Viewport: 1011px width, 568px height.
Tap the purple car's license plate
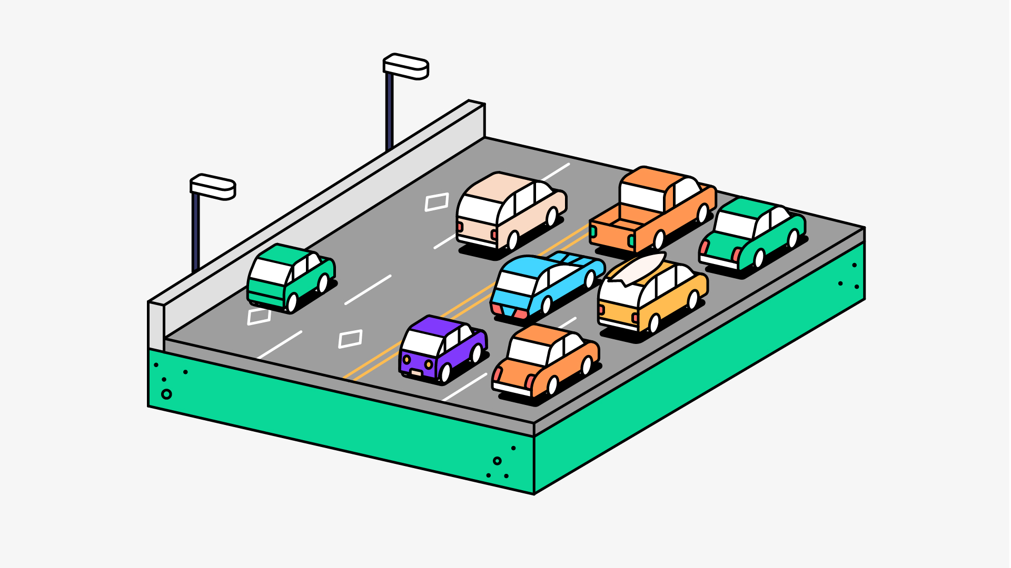[417, 372]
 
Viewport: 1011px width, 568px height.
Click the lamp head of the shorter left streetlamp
[213, 187]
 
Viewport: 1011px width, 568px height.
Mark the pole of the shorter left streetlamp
[196, 231]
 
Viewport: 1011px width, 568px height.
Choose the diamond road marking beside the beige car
[437, 202]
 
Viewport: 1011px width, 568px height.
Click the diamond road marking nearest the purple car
[350, 339]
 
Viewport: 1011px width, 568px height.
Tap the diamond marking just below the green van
[259, 316]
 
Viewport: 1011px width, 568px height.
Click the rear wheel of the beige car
[512, 240]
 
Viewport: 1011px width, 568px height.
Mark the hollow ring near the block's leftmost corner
[166, 394]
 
